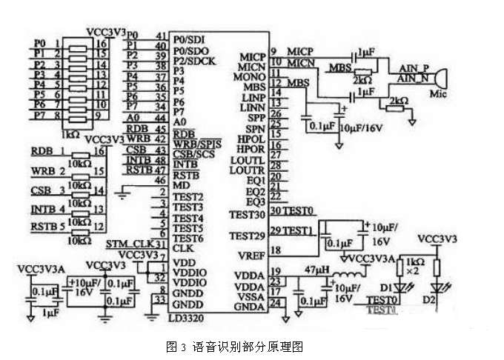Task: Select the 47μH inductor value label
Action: pos(315,272)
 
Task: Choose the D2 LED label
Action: pos(448,300)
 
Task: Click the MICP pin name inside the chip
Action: pos(253,56)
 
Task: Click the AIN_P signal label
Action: pos(412,67)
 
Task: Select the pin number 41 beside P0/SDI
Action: pos(160,36)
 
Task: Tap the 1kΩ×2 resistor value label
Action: pos(414,268)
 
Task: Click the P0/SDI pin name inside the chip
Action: pos(190,37)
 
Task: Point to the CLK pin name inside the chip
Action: pos(182,249)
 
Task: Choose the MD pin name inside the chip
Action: pos(180,184)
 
